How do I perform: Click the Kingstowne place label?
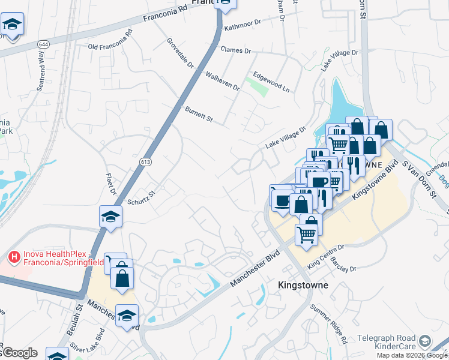(303, 285)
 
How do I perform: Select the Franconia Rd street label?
(167, 16)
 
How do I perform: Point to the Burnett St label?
(199, 115)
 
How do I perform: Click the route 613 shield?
(147, 162)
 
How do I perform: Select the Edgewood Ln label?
(271, 82)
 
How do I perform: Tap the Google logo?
(19, 353)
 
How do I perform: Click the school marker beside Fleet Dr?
(110, 217)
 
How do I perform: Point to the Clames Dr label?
(235, 50)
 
